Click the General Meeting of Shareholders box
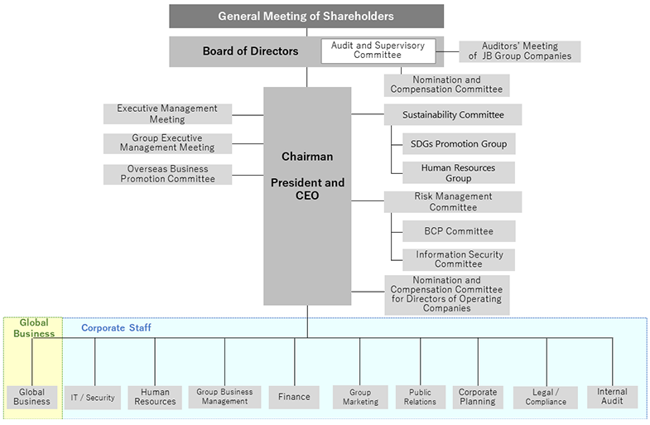[306, 16]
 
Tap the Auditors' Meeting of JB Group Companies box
[520, 51]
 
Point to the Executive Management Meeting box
[167, 114]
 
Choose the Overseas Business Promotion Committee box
[167, 174]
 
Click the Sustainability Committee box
[452, 114]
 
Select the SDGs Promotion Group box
[458, 143]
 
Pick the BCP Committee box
[458, 231]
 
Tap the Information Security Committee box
[458, 259]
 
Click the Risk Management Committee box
[452, 202]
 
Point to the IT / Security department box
[93, 398]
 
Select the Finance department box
[293, 397]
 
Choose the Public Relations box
[420, 397]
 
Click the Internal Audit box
[612, 397]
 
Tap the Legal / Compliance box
[546, 397]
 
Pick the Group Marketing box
[360, 397]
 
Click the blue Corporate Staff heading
[116, 328]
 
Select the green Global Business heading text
[34, 328]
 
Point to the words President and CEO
[307, 189]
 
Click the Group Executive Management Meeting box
[167, 143]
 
